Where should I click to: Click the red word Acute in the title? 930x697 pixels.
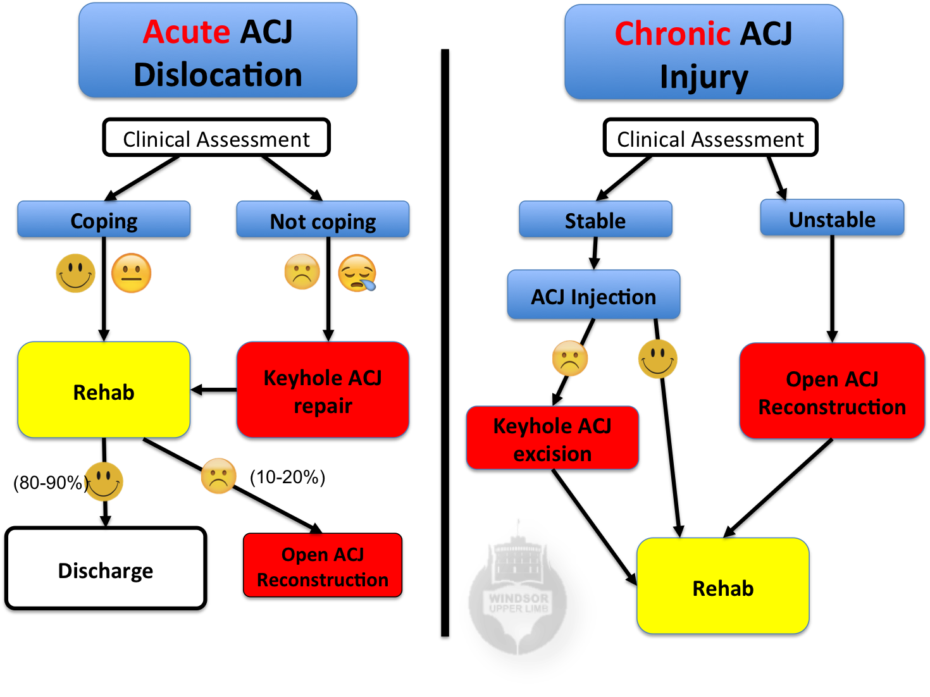186,32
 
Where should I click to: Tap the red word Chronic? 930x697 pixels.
673,34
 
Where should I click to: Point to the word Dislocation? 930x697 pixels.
218,75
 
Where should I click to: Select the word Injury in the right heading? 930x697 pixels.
704,77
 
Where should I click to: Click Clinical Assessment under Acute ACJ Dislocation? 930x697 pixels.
216,139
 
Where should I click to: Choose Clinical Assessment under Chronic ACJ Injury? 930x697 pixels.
710,139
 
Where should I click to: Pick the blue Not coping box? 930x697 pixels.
323,220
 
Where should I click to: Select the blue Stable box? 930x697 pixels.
595,220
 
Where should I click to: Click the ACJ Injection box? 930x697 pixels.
593,295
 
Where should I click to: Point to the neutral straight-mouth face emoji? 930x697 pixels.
132,273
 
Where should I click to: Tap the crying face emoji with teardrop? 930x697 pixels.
357,273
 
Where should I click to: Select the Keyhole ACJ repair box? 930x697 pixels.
323,390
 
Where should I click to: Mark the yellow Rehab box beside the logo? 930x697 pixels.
722,586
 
